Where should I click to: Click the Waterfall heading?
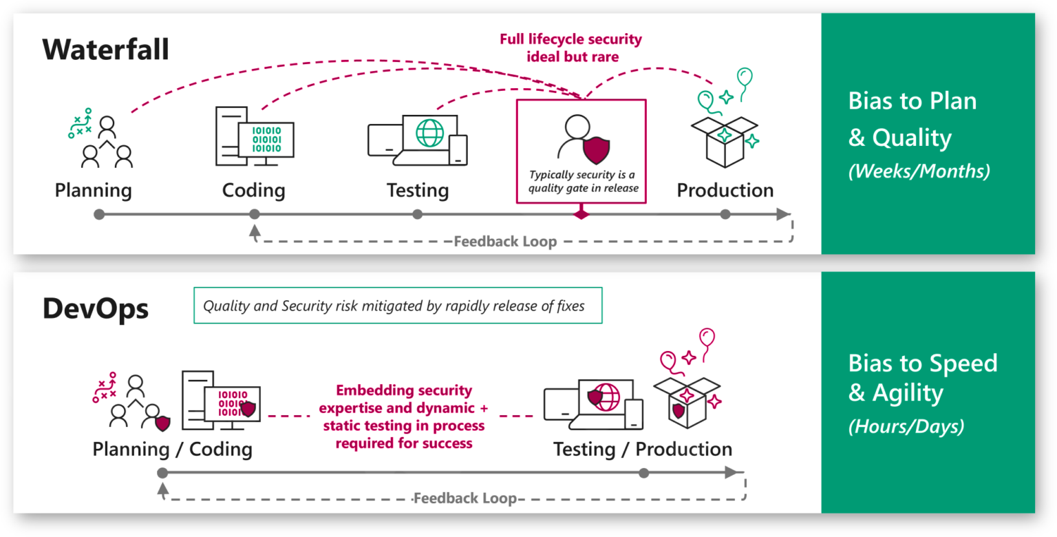pyautogui.click(x=105, y=50)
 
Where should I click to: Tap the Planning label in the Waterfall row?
pyautogui.click(x=94, y=190)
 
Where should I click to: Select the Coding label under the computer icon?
pyautogui.click(x=253, y=190)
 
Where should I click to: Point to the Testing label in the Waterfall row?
pyautogui.click(x=417, y=190)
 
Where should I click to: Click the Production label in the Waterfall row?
pyautogui.click(x=725, y=190)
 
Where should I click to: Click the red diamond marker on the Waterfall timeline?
pyautogui.click(x=581, y=215)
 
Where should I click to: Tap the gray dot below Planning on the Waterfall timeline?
pyautogui.click(x=99, y=215)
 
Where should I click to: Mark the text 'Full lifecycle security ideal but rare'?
pyautogui.click(x=570, y=48)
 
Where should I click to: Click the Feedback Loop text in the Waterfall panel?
pyautogui.click(x=505, y=242)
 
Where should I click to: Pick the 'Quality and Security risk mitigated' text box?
pyautogui.click(x=397, y=305)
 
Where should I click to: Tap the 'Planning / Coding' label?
pyautogui.click(x=172, y=450)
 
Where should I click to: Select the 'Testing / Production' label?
pyautogui.click(x=643, y=450)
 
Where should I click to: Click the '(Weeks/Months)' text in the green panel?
pyautogui.click(x=919, y=171)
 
